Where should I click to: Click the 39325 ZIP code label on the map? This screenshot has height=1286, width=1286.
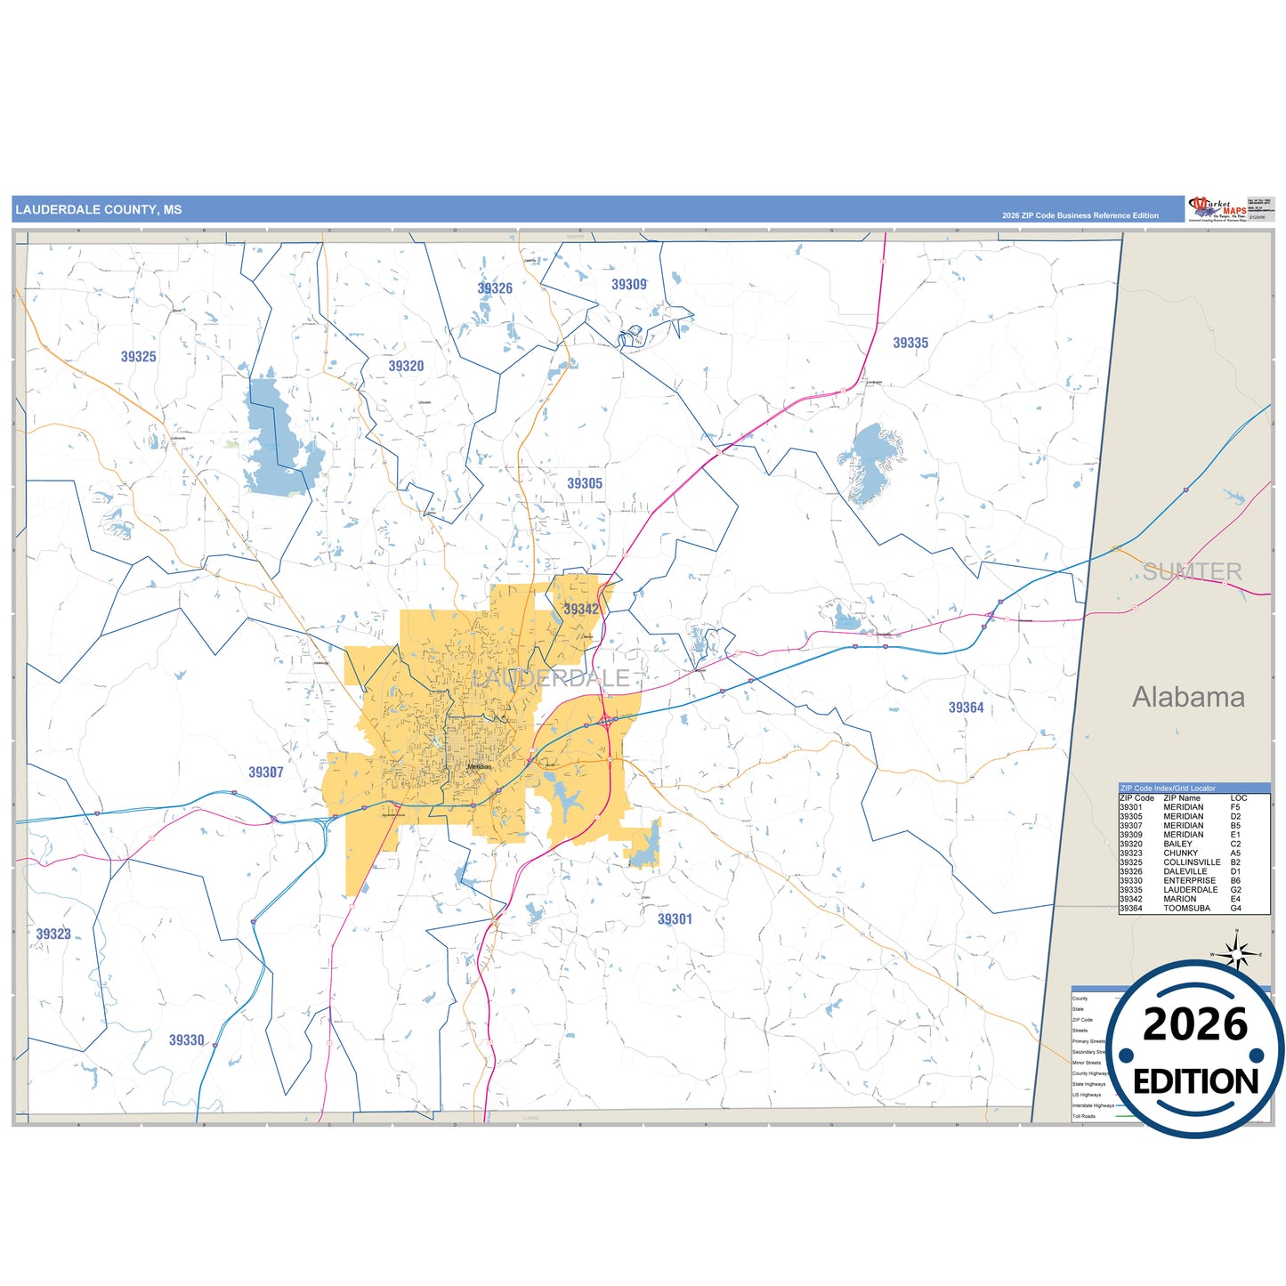point(138,357)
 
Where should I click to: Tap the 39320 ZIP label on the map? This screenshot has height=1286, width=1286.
point(406,366)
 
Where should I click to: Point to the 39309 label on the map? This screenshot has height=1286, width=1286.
point(628,285)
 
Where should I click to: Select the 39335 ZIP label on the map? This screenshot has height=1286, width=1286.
point(910,343)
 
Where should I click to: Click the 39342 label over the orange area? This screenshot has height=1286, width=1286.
point(581,609)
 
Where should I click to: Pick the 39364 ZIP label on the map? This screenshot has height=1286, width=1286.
point(966,708)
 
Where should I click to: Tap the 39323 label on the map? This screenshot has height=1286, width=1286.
point(53,934)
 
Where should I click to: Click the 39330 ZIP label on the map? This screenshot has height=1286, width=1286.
point(187,1039)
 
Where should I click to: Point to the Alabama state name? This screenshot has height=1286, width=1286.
point(1188,697)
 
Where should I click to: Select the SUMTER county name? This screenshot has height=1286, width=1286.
point(1192,571)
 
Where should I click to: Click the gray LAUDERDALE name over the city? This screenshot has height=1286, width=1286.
point(551,678)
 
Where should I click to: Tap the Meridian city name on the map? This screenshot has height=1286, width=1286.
point(479,766)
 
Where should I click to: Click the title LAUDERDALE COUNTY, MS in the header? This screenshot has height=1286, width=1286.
point(99,210)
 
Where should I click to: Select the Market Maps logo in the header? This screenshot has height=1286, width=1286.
point(1217,209)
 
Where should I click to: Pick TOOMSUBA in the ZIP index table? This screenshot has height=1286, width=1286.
point(1186,908)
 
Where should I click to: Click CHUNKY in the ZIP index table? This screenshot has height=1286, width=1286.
point(1180,853)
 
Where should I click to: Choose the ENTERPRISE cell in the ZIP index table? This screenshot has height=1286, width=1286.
point(1189,880)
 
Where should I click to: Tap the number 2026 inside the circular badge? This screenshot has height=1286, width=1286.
point(1195,1025)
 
